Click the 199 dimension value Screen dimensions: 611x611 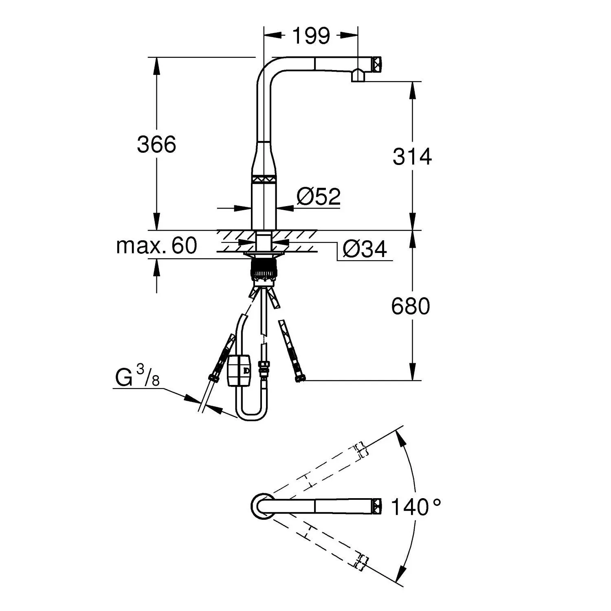(x=311, y=36)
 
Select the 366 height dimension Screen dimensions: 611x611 (x=156, y=144)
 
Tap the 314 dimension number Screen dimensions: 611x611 (x=412, y=157)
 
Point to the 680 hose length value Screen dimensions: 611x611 (x=410, y=306)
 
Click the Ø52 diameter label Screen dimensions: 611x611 (x=318, y=197)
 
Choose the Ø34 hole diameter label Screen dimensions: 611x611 (x=365, y=249)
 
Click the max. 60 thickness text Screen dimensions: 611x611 (x=156, y=246)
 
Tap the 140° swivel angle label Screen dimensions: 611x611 (x=415, y=507)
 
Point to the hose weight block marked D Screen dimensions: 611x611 (x=239, y=370)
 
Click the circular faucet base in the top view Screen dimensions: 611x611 (x=262, y=506)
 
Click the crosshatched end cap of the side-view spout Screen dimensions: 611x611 (x=377, y=64)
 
